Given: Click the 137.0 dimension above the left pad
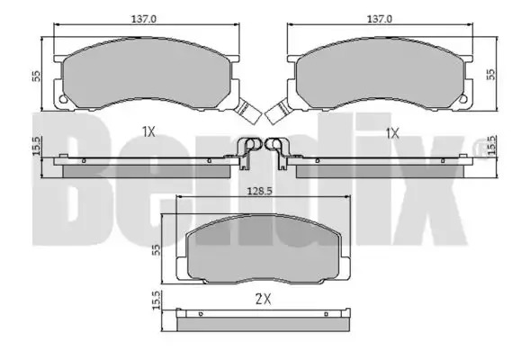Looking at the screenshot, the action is (x=144, y=19).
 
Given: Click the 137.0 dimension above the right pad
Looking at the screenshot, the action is (x=380, y=19).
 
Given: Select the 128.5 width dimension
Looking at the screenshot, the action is (x=259, y=191).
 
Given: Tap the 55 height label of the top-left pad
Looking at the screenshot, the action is (x=36, y=76).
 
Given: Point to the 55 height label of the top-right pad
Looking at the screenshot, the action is (x=490, y=74).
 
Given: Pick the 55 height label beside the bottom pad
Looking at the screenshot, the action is (x=156, y=250).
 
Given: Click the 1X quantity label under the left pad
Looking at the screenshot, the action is (x=148, y=132).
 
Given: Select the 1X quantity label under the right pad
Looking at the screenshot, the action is (x=392, y=133).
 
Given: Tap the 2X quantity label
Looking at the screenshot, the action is (x=263, y=300).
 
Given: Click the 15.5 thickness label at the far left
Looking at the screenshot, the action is (x=36, y=146).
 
